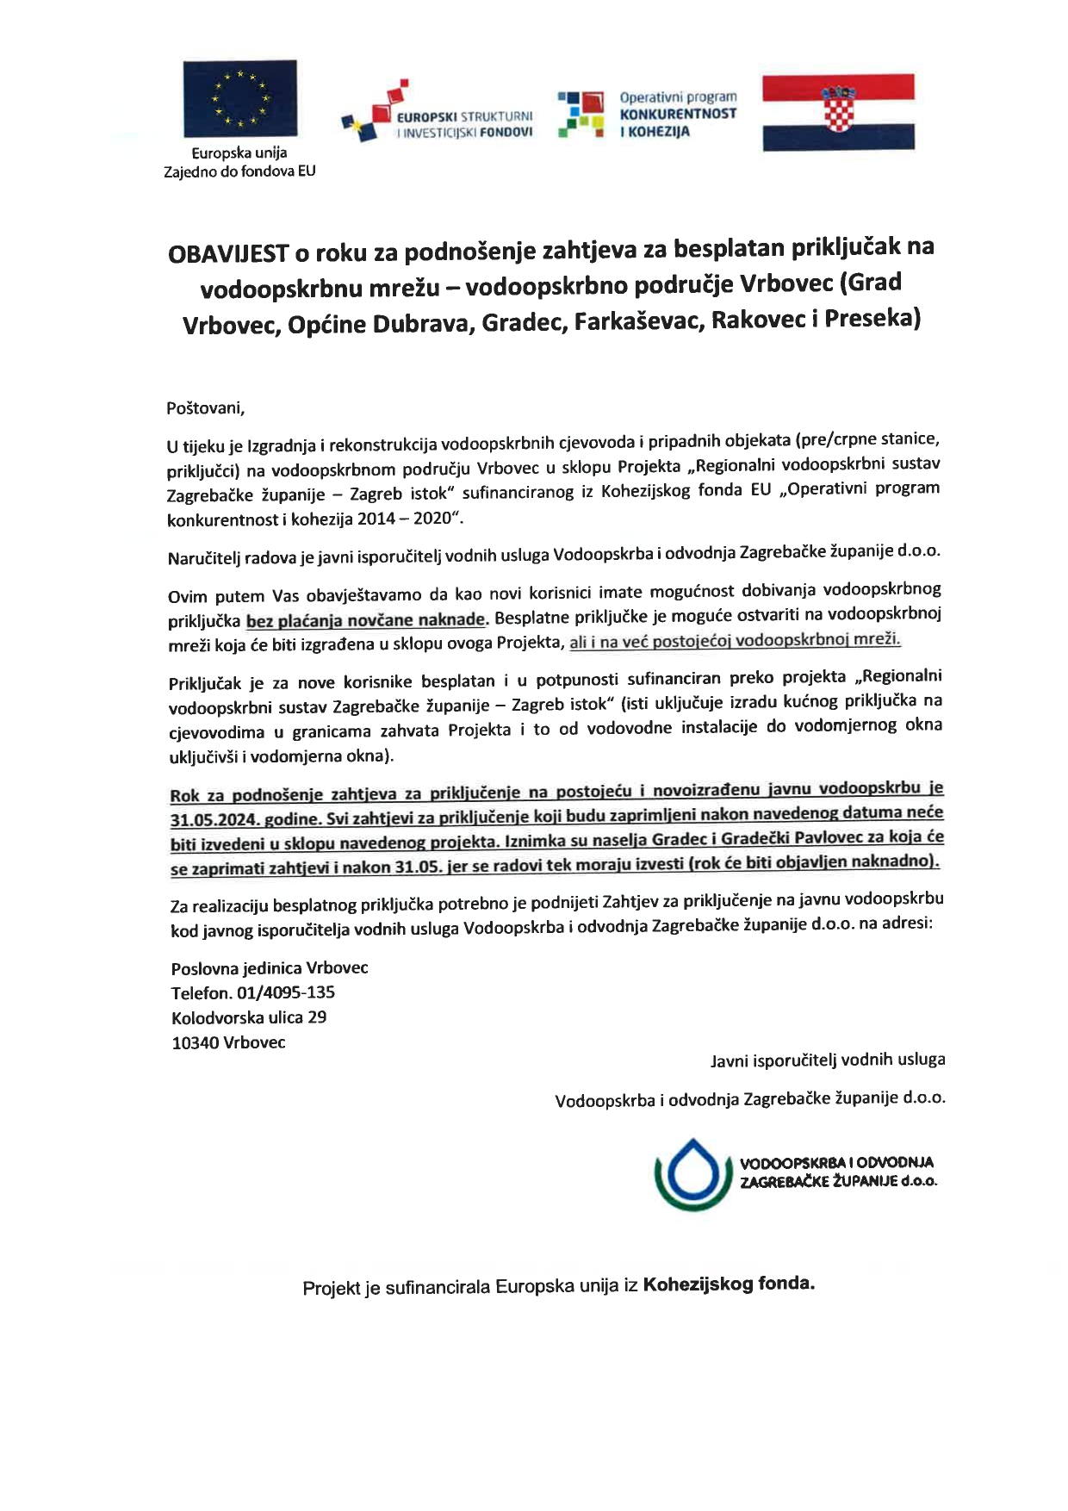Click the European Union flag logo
click(x=240, y=98)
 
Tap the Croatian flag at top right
click(x=838, y=112)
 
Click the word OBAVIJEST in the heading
click(x=227, y=254)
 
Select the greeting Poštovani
click(x=205, y=407)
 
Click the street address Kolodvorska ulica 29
click(x=248, y=1017)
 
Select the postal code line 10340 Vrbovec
click(x=228, y=1042)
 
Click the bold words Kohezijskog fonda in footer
click(x=728, y=1284)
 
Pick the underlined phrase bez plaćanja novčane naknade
click(x=366, y=620)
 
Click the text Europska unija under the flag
click(x=239, y=153)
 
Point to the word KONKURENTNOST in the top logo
click(x=678, y=114)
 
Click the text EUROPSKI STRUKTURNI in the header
click(x=465, y=116)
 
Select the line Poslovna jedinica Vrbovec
click(x=270, y=967)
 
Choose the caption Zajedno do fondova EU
click(x=239, y=171)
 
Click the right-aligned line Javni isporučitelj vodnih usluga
click(x=827, y=1060)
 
